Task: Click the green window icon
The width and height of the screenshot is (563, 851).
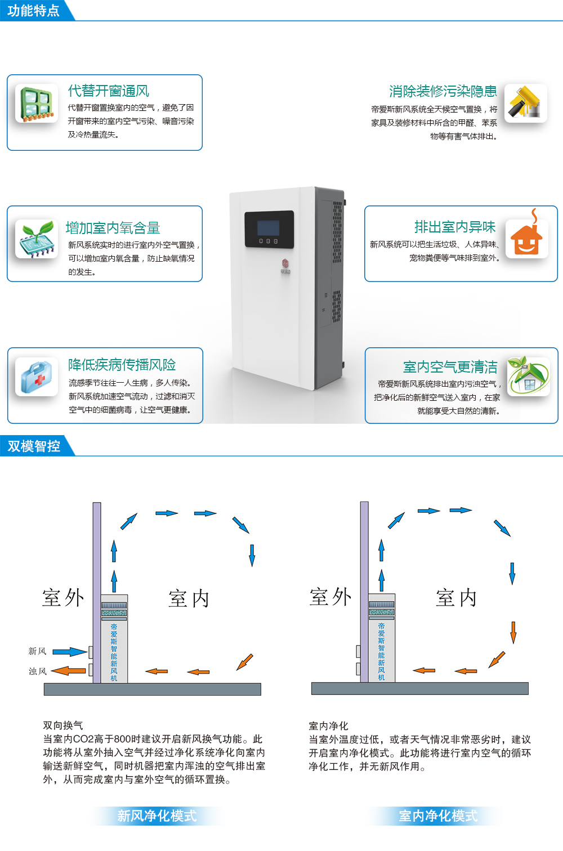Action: pyautogui.click(x=37, y=104)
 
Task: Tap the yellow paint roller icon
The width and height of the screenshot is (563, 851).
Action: pyautogui.click(x=525, y=103)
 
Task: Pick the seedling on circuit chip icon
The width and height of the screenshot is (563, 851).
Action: pyautogui.click(x=37, y=239)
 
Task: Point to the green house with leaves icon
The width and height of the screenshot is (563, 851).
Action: pyautogui.click(x=529, y=376)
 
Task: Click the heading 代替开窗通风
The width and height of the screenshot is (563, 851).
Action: pyautogui.click(x=109, y=91)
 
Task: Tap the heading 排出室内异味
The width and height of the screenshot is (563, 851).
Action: pyautogui.click(x=455, y=227)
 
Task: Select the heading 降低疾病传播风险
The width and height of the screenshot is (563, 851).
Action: pyautogui.click(x=122, y=365)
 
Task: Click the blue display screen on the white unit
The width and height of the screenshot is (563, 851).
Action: pyautogui.click(x=269, y=228)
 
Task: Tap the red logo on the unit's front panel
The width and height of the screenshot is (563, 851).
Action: pyautogui.click(x=285, y=263)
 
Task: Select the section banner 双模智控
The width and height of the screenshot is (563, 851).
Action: pyautogui.click(x=34, y=446)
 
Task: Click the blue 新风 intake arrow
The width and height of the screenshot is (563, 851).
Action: pyautogui.click(x=70, y=652)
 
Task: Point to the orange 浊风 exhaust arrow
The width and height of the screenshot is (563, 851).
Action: pyautogui.click(x=69, y=671)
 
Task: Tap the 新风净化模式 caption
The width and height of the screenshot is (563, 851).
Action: pyautogui.click(x=157, y=816)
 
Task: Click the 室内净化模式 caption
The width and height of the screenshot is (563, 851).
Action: pyautogui.click(x=438, y=816)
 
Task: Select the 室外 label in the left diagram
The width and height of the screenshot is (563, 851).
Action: pyautogui.click(x=63, y=598)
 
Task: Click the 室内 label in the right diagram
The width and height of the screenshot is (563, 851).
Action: pyautogui.click(x=457, y=598)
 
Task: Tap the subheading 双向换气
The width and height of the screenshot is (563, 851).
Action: pyautogui.click(x=62, y=725)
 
